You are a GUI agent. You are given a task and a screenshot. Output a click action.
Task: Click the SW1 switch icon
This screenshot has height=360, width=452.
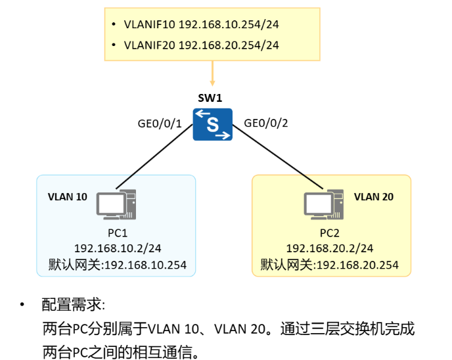point(213,125)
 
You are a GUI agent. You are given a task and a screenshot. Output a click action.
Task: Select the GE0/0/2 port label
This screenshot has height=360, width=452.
point(266,122)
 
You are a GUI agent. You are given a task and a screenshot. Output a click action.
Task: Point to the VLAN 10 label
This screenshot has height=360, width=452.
point(68,196)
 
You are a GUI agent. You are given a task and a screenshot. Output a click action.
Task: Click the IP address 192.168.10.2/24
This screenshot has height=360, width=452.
point(118,248)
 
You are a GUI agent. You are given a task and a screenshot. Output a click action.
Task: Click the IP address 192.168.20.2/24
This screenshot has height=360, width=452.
point(330,248)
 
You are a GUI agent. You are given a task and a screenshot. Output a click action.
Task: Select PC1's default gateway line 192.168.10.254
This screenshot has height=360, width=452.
point(118,265)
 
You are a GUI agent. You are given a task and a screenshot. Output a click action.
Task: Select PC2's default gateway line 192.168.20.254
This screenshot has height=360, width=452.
point(330,265)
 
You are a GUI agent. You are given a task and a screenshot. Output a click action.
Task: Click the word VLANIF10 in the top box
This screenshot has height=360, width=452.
point(149,25)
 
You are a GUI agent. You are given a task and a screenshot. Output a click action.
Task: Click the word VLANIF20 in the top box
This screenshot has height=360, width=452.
point(149,45)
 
